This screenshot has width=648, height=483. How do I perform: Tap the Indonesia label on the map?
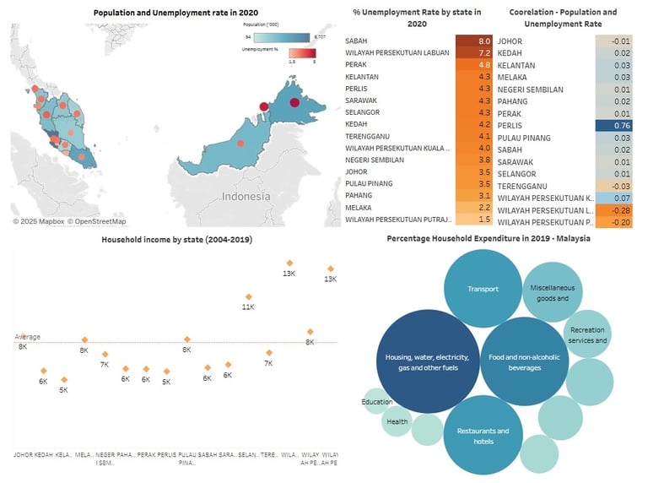click(246, 196)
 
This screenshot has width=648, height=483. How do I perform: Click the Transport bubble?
click(483, 289)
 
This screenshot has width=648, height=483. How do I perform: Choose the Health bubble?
click(397, 421)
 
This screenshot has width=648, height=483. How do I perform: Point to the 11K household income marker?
click(248, 297)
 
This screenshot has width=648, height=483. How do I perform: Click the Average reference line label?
click(28, 337)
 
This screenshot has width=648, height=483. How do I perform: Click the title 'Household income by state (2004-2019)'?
click(176, 240)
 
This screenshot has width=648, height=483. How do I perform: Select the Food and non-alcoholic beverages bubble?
click(525, 362)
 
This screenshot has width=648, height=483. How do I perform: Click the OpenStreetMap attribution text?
click(97, 221)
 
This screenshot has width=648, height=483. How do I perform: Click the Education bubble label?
click(377, 402)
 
